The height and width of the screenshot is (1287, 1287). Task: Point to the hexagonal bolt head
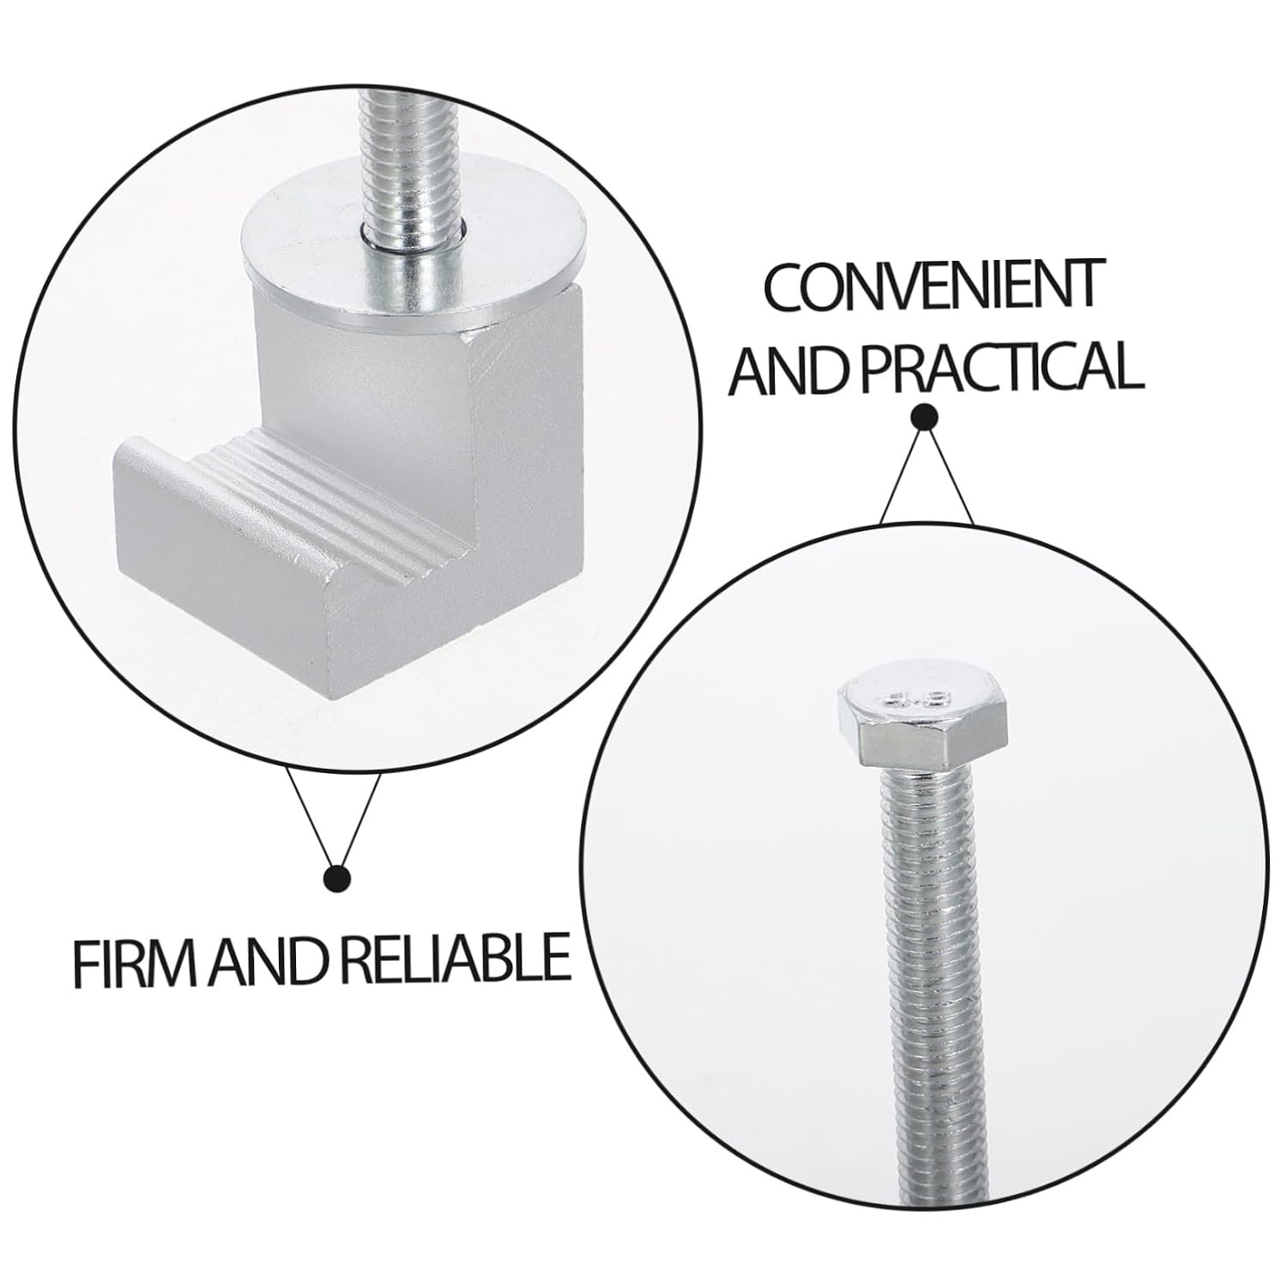925,722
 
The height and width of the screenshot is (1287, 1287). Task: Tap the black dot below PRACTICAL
924,417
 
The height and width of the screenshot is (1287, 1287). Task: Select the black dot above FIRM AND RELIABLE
337,878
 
